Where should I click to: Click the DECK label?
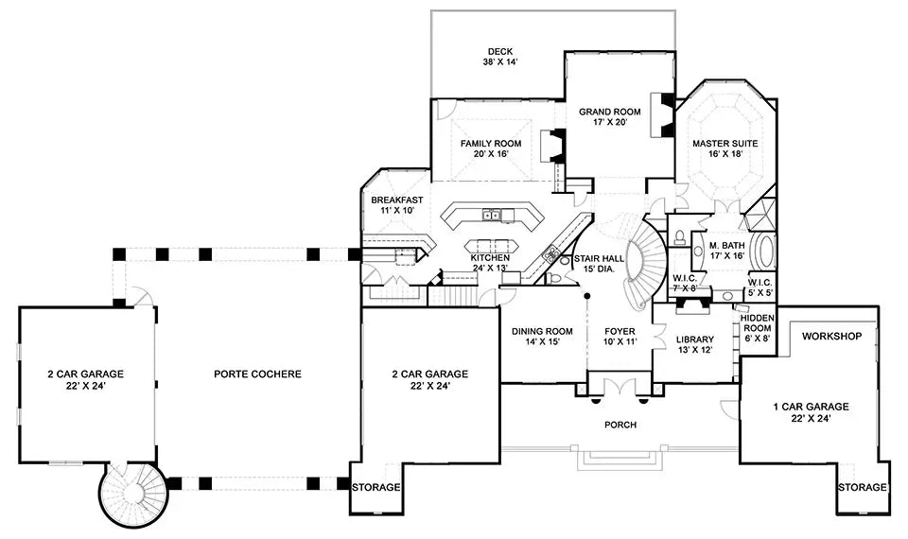pos(499,52)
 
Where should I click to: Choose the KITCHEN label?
pos(491,257)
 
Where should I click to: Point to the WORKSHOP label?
pos(832,337)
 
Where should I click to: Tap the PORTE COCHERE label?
pos(256,374)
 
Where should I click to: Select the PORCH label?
pos(620,425)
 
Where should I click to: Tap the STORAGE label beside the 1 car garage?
pos(862,488)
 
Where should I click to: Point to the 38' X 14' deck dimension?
pos(499,63)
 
